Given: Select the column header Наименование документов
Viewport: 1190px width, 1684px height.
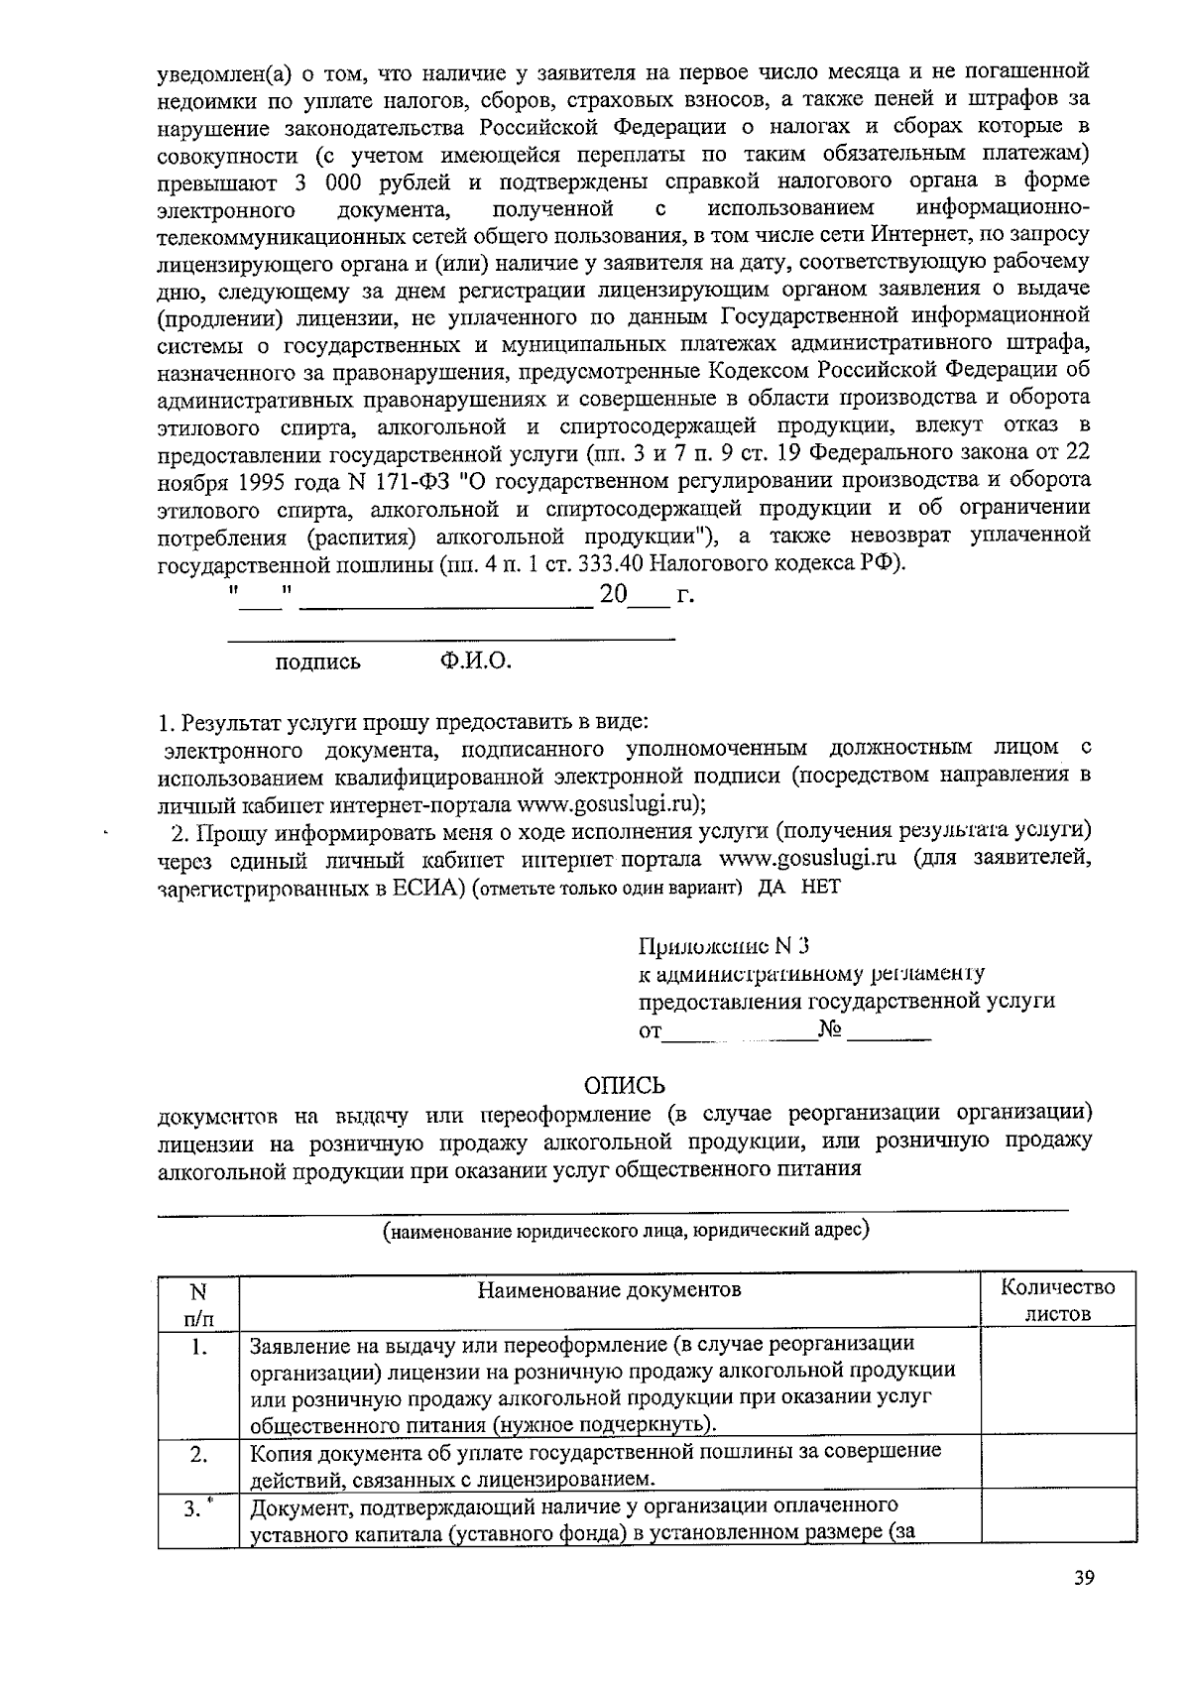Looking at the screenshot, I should pyautogui.click(x=609, y=1290).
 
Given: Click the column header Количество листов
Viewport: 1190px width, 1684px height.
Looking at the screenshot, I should pyautogui.click(x=1057, y=1301).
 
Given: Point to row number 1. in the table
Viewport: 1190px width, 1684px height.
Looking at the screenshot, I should pyautogui.click(x=199, y=1347).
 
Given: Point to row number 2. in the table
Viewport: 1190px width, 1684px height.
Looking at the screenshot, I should pyautogui.click(x=199, y=1454).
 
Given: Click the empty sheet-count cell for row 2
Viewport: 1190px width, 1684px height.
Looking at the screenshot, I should pyautogui.click(x=1057, y=1465).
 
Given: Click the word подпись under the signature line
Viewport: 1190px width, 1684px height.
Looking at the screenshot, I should pyautogui.click(x=317, y=662).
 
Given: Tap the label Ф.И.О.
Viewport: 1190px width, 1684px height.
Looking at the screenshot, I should pyautogui.click(x=476, y=661).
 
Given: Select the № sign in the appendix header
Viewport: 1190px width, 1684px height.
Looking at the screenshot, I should pyautogui.click(x=830, y=1030).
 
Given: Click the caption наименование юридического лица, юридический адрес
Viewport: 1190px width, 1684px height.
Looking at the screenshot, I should pyautogui.click(x=627, y=1231).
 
